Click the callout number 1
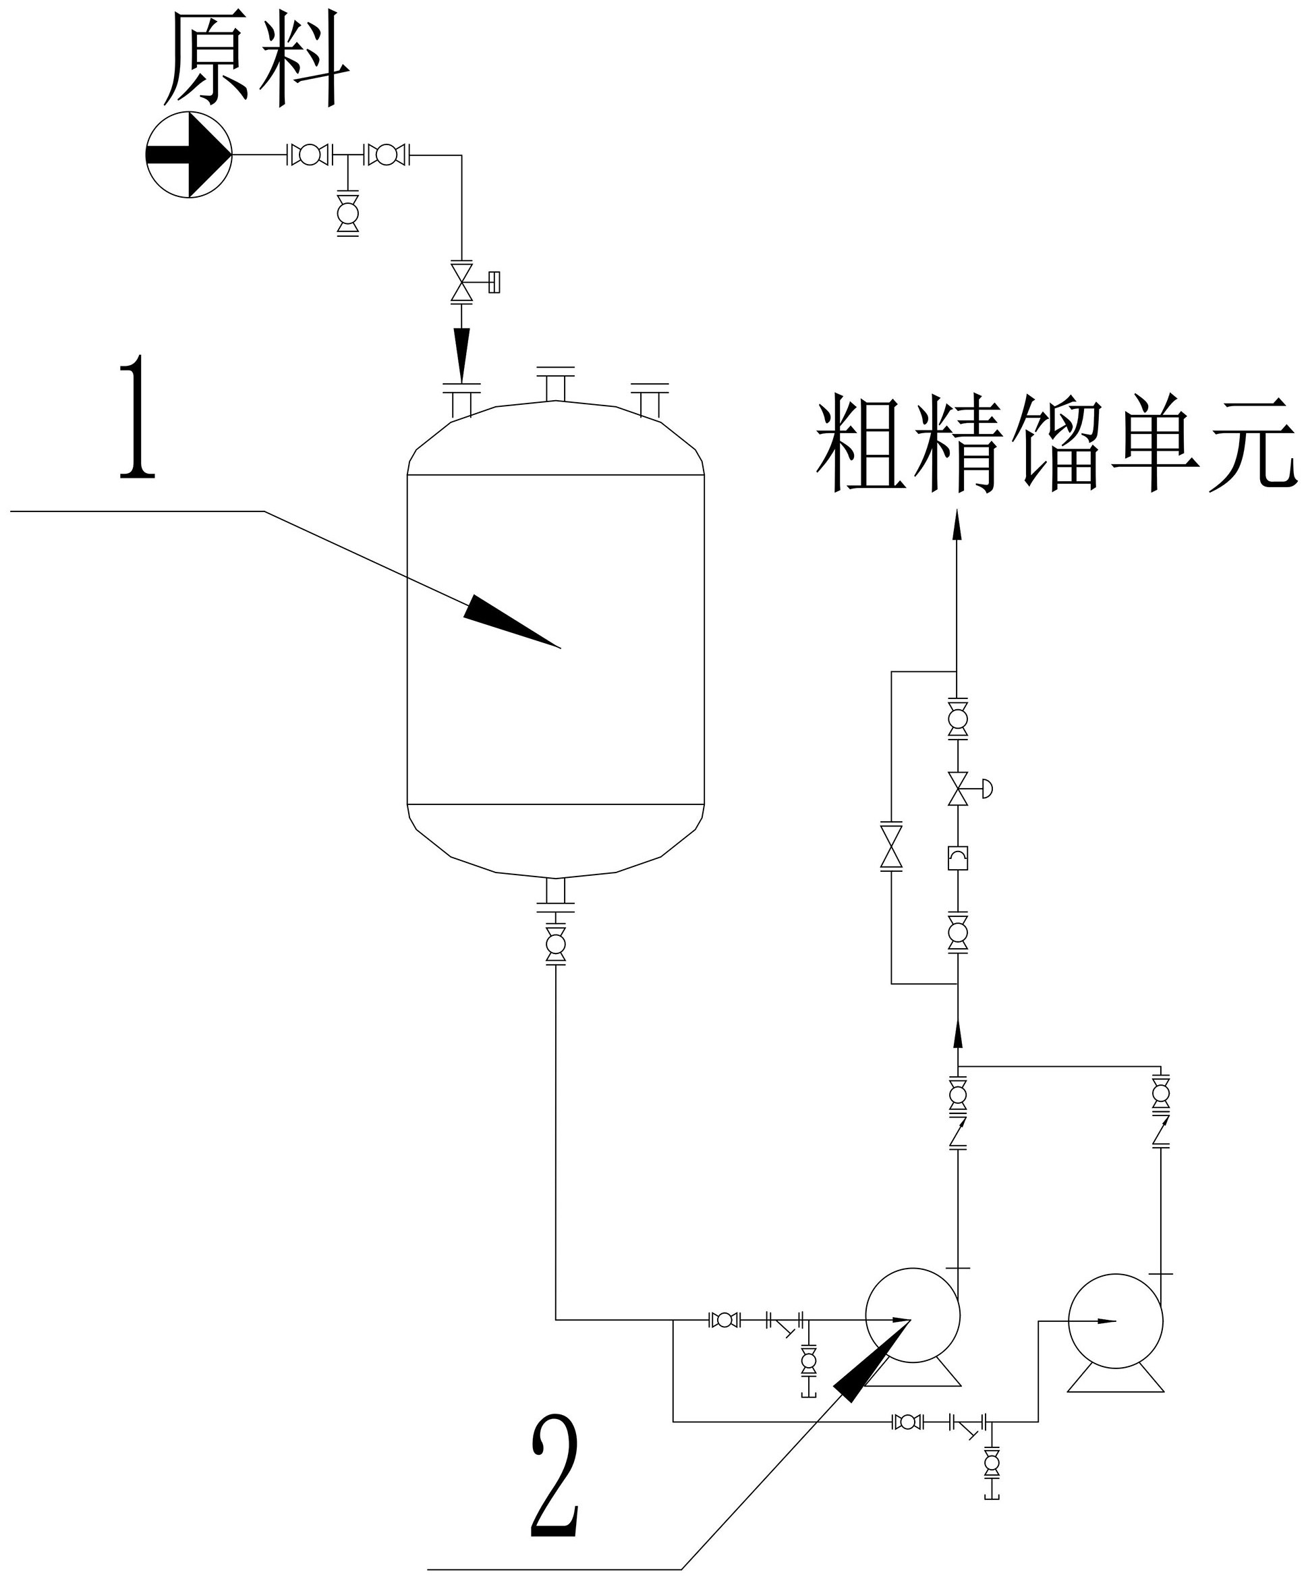[x=138, y=418]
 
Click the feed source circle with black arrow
[x=189, y=155]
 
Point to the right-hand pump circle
[x=1115, y=1321]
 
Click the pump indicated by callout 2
[x=912, y=1315]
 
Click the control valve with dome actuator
[x=959, y=789]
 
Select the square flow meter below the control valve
[x=957, y=858]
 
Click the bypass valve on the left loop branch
[x=891, y=847]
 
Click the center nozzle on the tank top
[x=555, y=384]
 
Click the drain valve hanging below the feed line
[x=347, y=214]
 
